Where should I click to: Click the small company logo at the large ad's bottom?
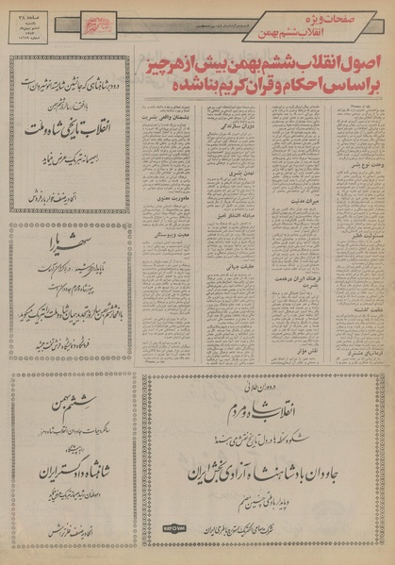coord(174,527)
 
